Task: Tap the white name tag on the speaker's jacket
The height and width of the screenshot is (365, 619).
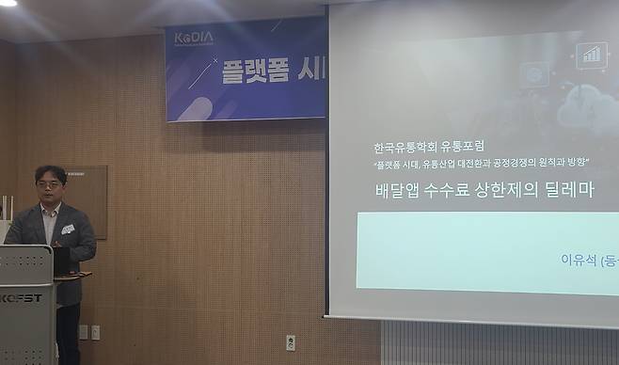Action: point(68,229)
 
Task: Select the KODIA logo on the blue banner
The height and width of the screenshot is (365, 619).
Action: point(194,38)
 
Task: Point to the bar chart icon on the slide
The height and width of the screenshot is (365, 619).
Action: point(592,54)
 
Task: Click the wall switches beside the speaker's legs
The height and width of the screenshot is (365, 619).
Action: point(88,331)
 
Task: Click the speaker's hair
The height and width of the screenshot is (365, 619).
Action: point(49,172)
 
